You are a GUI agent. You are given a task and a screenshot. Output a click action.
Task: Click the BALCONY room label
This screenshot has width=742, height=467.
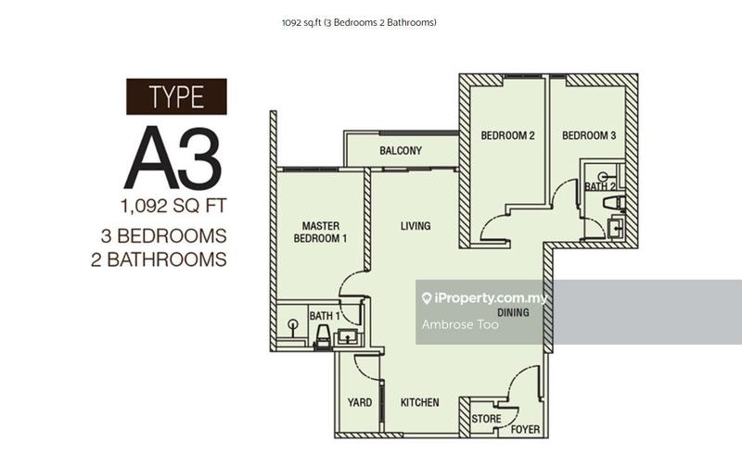coord(401,151)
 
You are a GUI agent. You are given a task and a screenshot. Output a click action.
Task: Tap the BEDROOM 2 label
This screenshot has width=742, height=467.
coord(507,135)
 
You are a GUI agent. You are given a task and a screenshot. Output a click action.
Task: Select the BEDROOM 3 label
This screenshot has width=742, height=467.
coord(589,135)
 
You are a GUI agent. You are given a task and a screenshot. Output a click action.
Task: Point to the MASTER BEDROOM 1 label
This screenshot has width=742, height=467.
coord(320,232)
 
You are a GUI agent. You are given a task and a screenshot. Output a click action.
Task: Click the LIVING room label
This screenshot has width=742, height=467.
coord(416,226)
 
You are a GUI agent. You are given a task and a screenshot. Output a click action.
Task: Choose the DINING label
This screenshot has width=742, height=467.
coord(514,312)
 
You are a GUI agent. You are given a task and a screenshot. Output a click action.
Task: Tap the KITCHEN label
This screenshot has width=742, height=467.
coord(420,402)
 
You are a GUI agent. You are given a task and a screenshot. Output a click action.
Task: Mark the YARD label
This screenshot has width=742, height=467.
coord(360,402)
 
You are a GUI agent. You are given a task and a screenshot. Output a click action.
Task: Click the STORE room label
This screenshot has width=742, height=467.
coord(486,419)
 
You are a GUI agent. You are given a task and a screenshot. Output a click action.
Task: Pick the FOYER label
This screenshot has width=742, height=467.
coord(525,429)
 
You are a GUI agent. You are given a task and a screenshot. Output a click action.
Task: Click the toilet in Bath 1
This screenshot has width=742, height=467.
coord(323,336)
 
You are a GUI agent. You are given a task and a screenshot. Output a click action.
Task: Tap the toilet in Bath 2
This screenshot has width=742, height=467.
coord(614,203)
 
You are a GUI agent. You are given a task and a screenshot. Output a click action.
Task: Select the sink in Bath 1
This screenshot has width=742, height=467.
coord(348,337)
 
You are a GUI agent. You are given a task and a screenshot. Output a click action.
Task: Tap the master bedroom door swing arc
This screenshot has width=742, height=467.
coord(347,279)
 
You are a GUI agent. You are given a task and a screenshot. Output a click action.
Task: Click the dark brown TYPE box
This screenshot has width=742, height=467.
coord(176,96)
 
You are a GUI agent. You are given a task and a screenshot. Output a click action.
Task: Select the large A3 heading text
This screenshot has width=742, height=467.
coord(173,158)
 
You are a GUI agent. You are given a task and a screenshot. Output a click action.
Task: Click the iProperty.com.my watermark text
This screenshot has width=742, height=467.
coord(484,298)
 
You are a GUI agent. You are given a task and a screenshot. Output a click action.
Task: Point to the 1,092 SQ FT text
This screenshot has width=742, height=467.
coord(173,206)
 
